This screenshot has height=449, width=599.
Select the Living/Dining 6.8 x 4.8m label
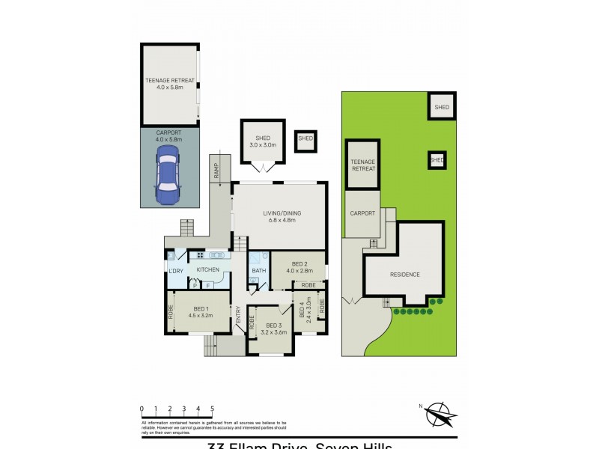279,217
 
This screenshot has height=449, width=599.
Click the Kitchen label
208,269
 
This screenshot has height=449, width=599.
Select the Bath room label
259,271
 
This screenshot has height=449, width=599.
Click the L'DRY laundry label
176,270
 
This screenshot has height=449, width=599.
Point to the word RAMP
216,171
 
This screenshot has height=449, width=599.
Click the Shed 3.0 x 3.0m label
262,141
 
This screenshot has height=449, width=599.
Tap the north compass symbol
443,414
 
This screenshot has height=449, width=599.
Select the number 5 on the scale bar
212,409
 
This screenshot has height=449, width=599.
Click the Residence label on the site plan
404,275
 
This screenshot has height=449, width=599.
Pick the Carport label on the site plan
362,213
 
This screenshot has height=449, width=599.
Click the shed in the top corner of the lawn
442,108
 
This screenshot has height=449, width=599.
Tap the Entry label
239,317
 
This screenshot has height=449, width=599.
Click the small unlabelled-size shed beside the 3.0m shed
305,139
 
